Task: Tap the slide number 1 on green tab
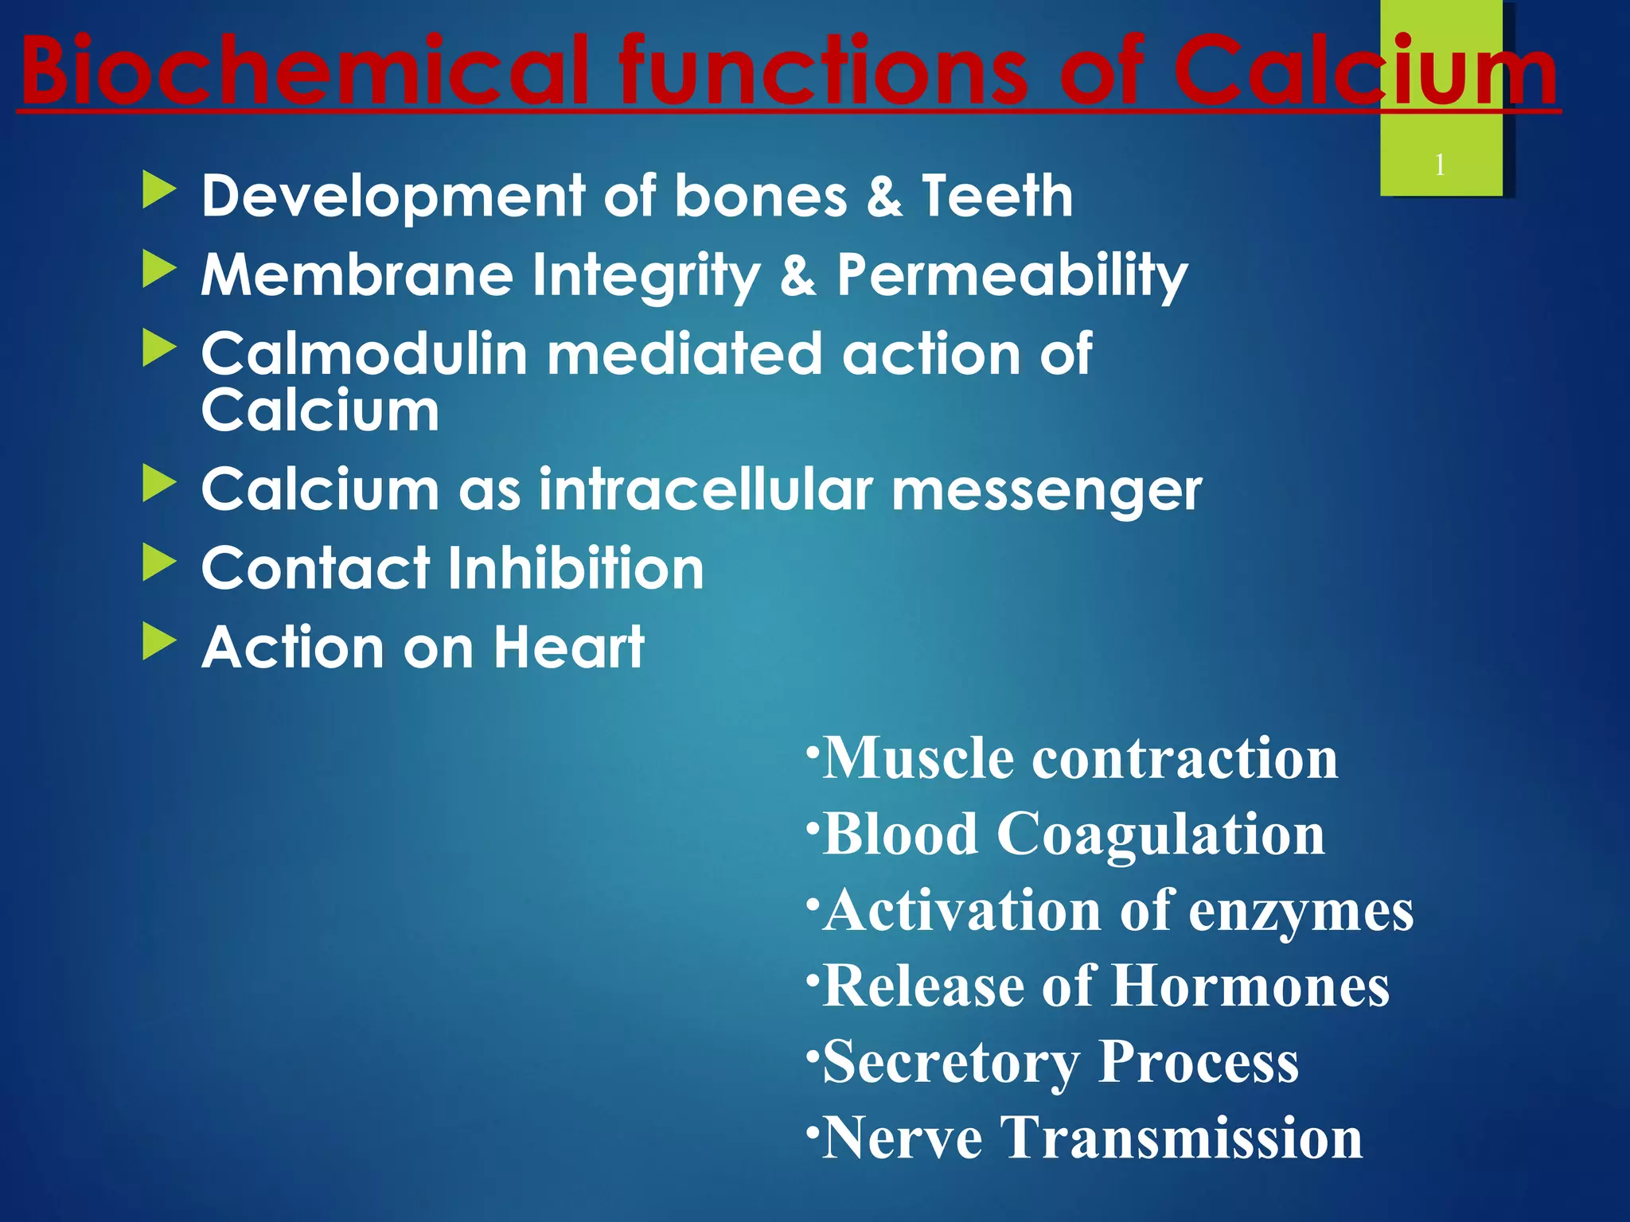pos(1440,165)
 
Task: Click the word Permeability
pos(1012,275)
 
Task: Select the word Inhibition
pos(575,568)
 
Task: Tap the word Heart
pos(569,647)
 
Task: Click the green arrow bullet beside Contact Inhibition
pos(159,562)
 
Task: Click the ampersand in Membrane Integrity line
pos(797,275)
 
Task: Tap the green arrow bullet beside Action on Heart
pos(159,641)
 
